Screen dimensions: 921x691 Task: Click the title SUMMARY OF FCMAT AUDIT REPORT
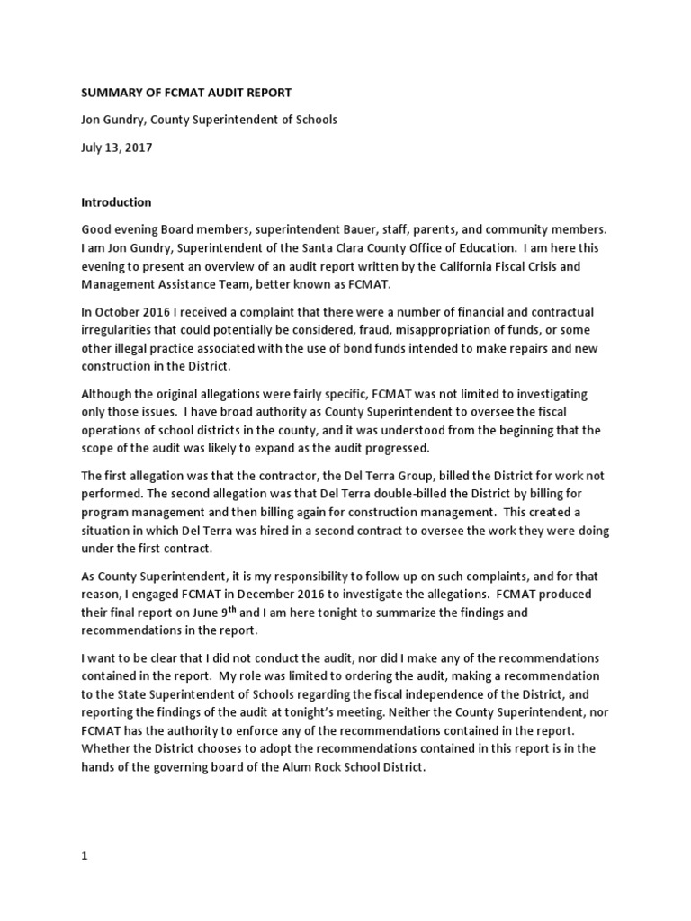pyautogui.click(x=186, y=93)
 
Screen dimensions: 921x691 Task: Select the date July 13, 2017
pyautogui.click(x=117, y=148)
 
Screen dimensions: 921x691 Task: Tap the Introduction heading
pyautogui.click(x=117, y=202)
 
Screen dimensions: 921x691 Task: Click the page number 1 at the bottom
pyautogui.click(x=85, y=831)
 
